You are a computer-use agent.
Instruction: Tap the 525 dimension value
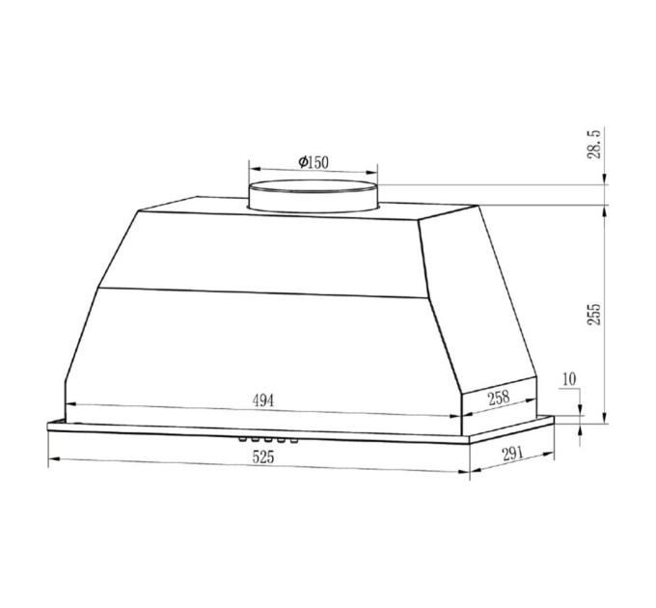pyautogui.click(x=263, y=458)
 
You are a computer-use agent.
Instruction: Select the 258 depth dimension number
pyautogui.click(x=498, y=397)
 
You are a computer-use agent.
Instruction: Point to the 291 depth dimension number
pyautogui.click(x=511, y=454)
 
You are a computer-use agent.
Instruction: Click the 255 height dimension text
pyautogui.click(x=595, y=314)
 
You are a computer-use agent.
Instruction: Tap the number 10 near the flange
pyautogui.click(x=569, y=379)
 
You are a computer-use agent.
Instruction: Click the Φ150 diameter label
pyautogui.click(x=314, y=162)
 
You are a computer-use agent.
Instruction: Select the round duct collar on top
pyautogui.click(x=314, y=197)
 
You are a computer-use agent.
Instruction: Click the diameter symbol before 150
pyautogui.click(x=302, y=162)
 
